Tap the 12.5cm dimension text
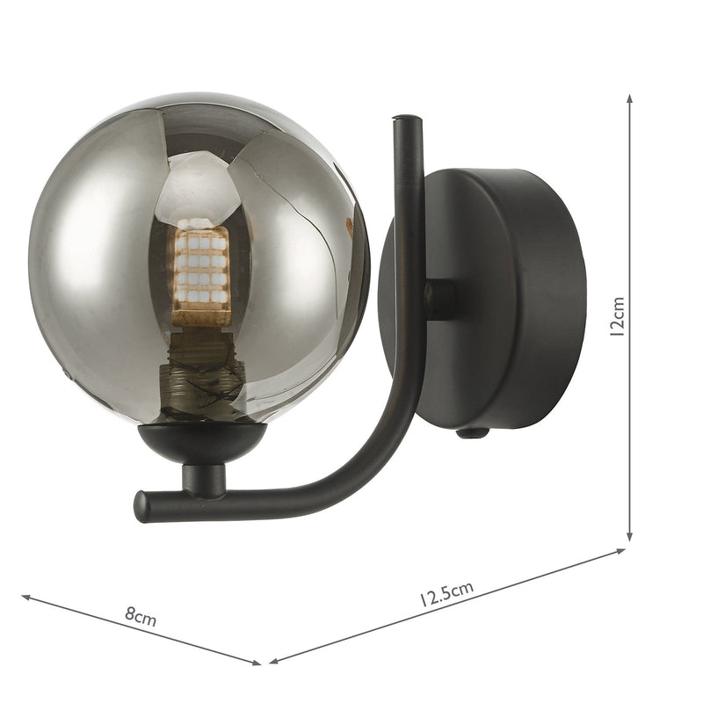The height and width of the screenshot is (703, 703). (446, 595)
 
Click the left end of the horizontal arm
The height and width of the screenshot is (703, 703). (141, 507)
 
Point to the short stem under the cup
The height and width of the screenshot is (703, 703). (203, 480)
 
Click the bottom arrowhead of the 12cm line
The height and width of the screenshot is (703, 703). (630, 537)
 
